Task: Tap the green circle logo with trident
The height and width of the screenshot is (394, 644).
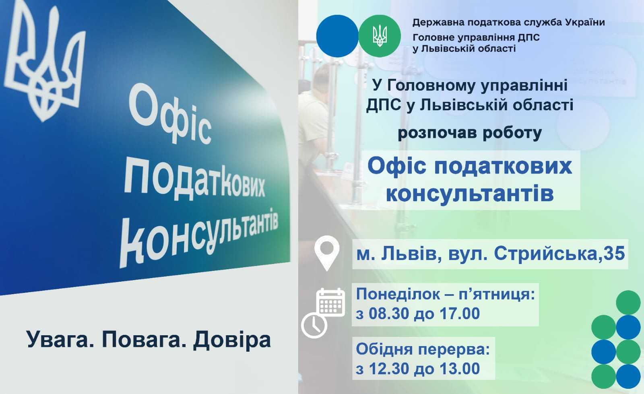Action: (x=379, y=36)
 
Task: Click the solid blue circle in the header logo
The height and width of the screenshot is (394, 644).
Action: (x=337, y=36)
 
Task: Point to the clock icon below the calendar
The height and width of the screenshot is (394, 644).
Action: (x=314, y=325)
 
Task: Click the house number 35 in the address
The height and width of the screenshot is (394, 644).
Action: (x=613, y=254)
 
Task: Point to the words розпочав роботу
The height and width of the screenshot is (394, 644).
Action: (x=470, y=133)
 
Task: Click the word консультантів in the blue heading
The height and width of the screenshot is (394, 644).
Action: (x=470, y=194)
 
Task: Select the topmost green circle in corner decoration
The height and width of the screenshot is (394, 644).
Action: (x=628, y=303)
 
